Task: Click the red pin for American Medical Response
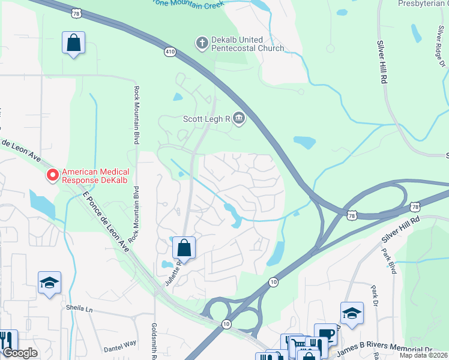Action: [x=53, y=175]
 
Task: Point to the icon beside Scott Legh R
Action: [x=239, y=118]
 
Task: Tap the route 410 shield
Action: [x=170, y=52]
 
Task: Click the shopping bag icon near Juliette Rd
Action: [x=184, y=247]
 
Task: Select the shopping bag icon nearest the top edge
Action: [x=73, y=43]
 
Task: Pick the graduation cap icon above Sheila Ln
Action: [x=49, y=283]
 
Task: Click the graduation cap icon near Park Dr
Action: [x=352, y=313]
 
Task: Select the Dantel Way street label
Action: [x=120, y=346]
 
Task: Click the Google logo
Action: [x=20, y=353]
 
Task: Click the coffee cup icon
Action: [x=325, y=334]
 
